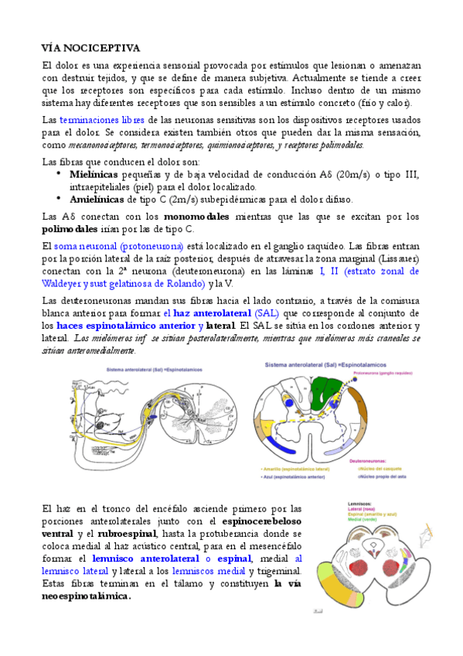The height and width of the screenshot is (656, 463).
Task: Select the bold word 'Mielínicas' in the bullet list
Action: (96, 174)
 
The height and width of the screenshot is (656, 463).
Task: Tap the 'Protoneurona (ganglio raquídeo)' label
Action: (386, 373)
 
